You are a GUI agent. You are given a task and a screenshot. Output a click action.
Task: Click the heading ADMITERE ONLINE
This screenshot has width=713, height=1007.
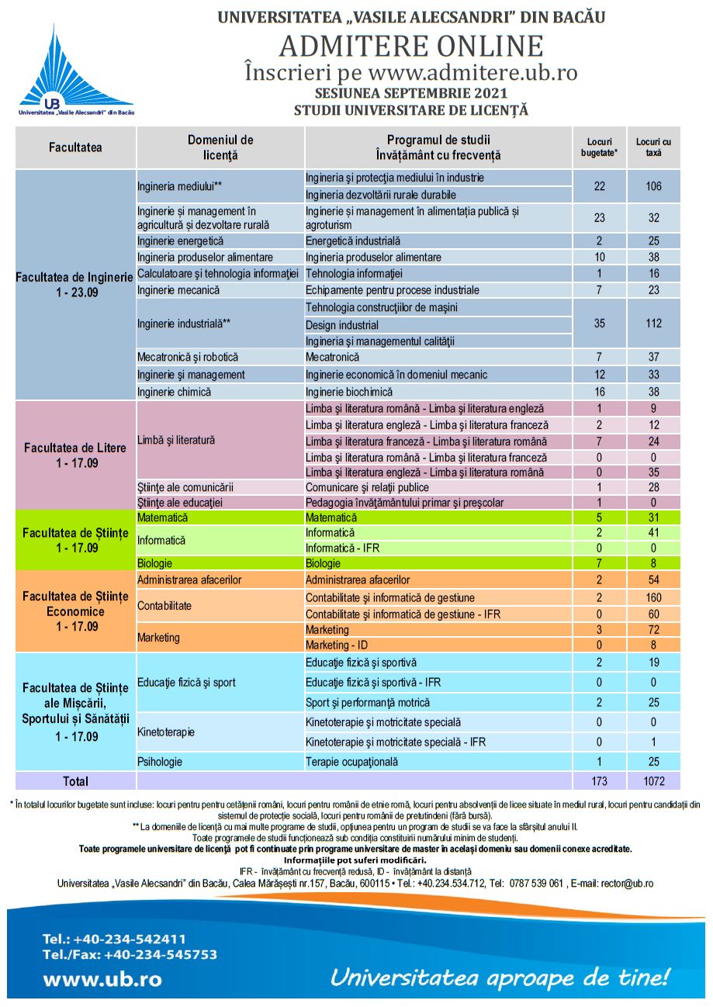click(411, 47)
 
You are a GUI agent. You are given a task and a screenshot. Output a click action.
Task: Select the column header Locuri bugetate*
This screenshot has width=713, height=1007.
click(599, 147)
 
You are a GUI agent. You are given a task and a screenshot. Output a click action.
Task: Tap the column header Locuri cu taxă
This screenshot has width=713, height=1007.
click(653, 147)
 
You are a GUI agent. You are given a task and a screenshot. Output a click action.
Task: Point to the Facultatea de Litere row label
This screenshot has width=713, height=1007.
click(75, 455)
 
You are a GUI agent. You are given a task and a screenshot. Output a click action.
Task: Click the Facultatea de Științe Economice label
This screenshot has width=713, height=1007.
click(75, 611)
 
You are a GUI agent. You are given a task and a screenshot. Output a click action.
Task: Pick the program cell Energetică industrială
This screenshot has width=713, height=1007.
click(353, 241)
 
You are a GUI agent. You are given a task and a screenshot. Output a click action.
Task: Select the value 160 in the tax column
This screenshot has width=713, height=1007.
click(653, 597)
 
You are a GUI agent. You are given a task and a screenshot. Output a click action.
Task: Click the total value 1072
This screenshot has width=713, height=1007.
click(653, 781)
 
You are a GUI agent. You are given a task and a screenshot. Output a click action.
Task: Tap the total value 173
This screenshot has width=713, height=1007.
click(599, 781)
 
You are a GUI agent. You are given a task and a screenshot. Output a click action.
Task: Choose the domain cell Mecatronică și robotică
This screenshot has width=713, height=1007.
click(188, 358)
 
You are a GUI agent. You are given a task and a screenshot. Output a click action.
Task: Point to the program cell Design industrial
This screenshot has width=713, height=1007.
click(342, 325)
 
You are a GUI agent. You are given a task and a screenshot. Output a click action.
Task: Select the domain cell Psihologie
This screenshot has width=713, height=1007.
click(160, 762)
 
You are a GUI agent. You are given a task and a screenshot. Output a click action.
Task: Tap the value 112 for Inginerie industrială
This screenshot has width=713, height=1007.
click(653, 324)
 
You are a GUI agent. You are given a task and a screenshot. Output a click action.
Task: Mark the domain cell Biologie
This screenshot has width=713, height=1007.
click(155, 563)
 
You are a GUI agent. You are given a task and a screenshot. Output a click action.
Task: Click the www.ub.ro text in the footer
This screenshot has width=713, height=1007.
click(102, 979)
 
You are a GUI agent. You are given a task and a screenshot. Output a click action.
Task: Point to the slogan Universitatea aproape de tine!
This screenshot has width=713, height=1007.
click(500, 976)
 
